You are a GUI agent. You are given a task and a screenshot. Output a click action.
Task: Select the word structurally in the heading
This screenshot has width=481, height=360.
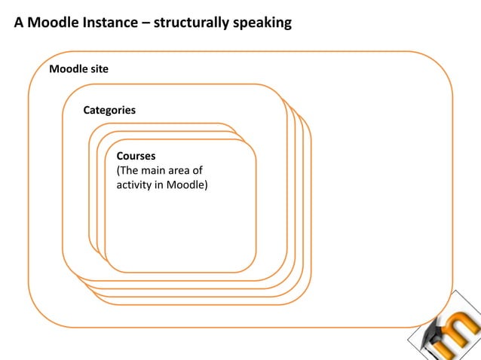(x=191, y=23)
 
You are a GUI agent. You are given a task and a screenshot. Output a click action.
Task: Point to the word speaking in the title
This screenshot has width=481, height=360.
(x=263, y=23)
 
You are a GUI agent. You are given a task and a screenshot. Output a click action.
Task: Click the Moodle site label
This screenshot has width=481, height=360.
(x=78, y=69)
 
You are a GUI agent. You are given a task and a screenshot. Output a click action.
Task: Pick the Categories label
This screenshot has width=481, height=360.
(x=109, y=110)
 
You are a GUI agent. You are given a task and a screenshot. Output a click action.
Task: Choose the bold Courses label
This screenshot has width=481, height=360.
(x=136, y=157)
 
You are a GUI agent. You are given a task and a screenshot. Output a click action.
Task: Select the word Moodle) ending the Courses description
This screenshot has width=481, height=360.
(x=190, y=185)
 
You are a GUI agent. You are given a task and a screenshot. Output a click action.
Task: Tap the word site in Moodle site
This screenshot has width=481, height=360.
(x=100, y=69)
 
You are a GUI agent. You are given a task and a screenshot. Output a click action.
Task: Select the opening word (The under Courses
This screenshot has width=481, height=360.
(x=128, y=171)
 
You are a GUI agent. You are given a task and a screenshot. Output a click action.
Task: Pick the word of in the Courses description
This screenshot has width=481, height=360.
(x=197, y=171)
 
